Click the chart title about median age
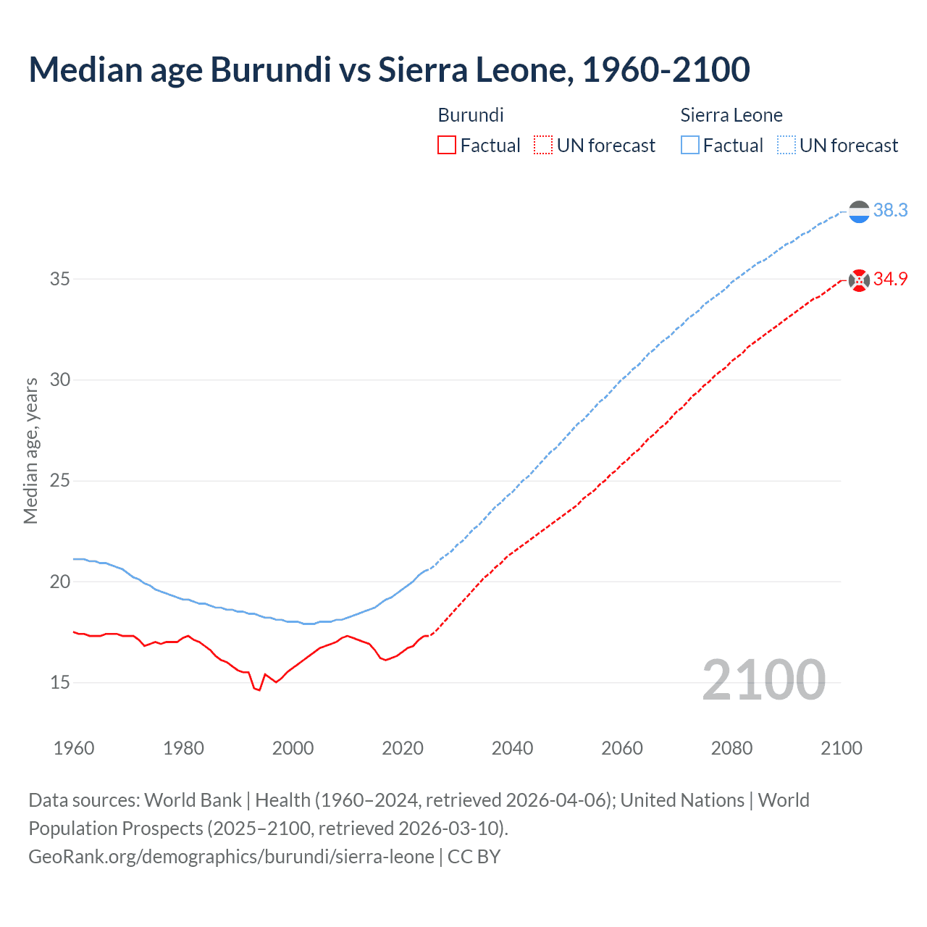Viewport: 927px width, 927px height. (x=389, y=70)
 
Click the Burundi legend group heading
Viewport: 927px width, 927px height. (x=471, y=115)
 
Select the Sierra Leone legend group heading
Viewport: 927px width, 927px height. (x=731, y=115)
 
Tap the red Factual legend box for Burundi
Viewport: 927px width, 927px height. (x=447, y=146)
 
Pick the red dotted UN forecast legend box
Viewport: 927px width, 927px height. (x=543, y=146)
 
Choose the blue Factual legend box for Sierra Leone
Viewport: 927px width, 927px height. (x=690, y=146)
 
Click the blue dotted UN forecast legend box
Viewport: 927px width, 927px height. (x=787, y=146)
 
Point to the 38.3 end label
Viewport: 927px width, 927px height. (x=890, y=210)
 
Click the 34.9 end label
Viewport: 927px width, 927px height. (x=890, y=279)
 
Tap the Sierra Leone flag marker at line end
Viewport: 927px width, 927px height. (x=859, y=211)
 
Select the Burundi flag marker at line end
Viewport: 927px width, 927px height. (x=859, y=280)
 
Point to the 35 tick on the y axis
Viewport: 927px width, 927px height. (x=60, y=279)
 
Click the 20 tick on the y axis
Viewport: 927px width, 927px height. (x=60, y=582)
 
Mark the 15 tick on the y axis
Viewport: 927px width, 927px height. (x=60, y=682)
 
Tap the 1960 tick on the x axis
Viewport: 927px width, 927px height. (x=74, y=748)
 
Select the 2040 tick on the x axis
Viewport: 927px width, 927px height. (x=512, y=748)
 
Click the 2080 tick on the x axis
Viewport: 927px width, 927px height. (x=731, y=748)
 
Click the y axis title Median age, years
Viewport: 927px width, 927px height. (x=30, y=450)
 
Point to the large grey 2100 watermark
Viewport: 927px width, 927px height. (x=763, y=679)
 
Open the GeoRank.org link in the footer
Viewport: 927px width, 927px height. (x=231, y=857)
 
